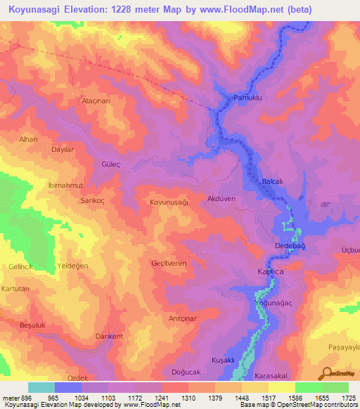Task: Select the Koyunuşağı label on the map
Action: pos(169,202)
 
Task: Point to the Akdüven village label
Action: pos(221,199)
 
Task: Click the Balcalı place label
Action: pos(272,181)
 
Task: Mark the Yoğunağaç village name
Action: pos(274,303)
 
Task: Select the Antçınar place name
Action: pos(183,318)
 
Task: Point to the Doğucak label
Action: pos(186,372)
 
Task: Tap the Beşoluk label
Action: pos(32,325)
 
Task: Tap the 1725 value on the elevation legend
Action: pos(348,397)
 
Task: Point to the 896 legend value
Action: pos(24,397)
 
